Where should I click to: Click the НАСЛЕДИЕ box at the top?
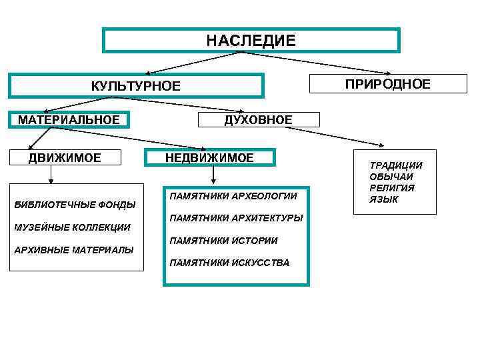coord(251,40)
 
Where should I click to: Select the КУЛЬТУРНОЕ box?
coord(136,86)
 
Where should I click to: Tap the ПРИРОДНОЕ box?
coord(387,83)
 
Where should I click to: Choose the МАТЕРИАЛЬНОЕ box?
coord(69,120)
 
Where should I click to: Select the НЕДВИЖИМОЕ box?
coord(210,158)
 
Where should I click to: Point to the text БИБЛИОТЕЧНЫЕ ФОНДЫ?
coord(75,204)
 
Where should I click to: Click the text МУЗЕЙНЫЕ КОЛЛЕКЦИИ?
coord(72,227)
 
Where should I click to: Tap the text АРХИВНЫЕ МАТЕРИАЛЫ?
coord(73,250)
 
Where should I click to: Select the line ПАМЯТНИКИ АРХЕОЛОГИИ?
coord(233,197)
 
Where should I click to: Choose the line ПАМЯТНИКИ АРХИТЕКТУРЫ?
coord(236,218)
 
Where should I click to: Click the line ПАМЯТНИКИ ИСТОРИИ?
coord(224,240)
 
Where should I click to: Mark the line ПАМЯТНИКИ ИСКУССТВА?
coord(230,263)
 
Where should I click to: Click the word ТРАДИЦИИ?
coord(396,165)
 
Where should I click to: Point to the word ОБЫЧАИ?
coord(391,177)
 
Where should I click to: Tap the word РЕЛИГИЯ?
coord(392,188)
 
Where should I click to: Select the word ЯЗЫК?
coord(384,199)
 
